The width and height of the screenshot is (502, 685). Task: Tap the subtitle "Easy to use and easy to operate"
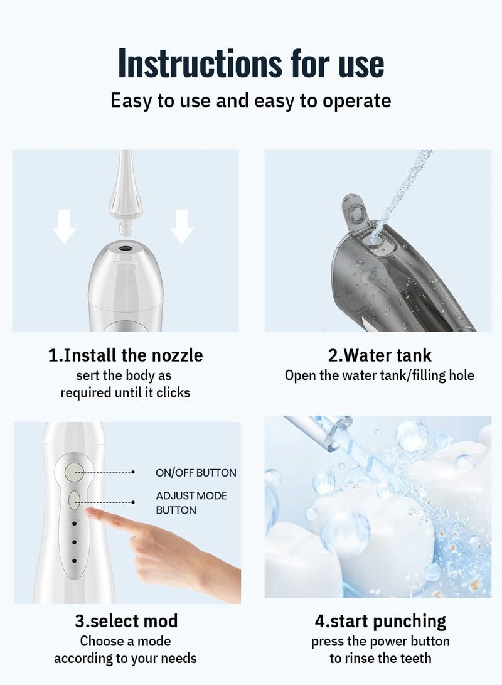(250, 100)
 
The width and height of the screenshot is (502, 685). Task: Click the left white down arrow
(64, 227)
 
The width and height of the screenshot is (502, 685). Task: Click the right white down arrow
(181, 227)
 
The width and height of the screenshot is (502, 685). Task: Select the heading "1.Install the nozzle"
(125, 355)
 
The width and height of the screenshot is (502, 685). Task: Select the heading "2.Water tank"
(380, 355)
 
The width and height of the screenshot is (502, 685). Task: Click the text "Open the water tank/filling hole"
(380, 375)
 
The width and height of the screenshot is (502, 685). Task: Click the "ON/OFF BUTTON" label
(196, 473)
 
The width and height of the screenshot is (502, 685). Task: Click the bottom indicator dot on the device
(74, 560)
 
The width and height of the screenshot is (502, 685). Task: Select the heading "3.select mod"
(126, 621)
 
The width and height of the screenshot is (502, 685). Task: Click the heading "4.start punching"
(380, 621)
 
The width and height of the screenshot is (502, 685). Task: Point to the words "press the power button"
(380, 641)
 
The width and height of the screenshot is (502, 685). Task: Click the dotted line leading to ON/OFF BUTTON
(110, 472)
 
